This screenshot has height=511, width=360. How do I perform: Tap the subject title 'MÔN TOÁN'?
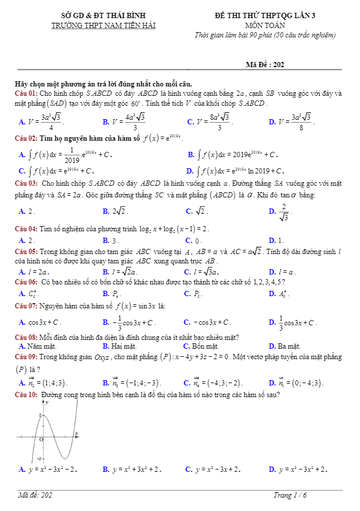pyautogui.click(x=265, y=25)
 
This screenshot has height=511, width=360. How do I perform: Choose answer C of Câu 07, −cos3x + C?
pyautogui.click(x=207, y=322)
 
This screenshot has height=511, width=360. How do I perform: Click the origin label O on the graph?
pyautogui.click(x=41, y=438)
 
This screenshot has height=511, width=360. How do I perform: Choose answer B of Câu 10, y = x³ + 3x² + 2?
pyautogui.click(x=131, y=469)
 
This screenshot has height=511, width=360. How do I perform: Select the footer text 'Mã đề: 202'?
pyautogui.click(x=36, y=495)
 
